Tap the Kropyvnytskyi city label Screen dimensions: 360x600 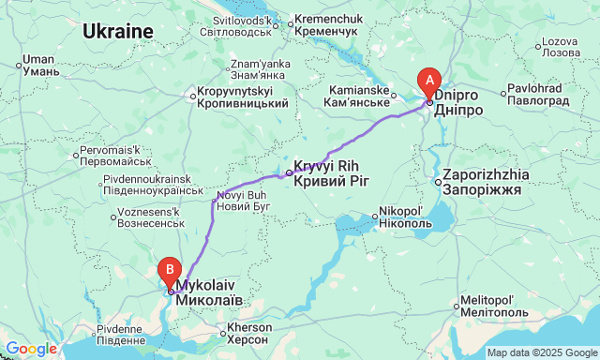240,97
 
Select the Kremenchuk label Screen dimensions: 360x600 328,25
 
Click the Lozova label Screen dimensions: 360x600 562,47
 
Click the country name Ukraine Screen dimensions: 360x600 117,31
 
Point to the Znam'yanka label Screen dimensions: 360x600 245,69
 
